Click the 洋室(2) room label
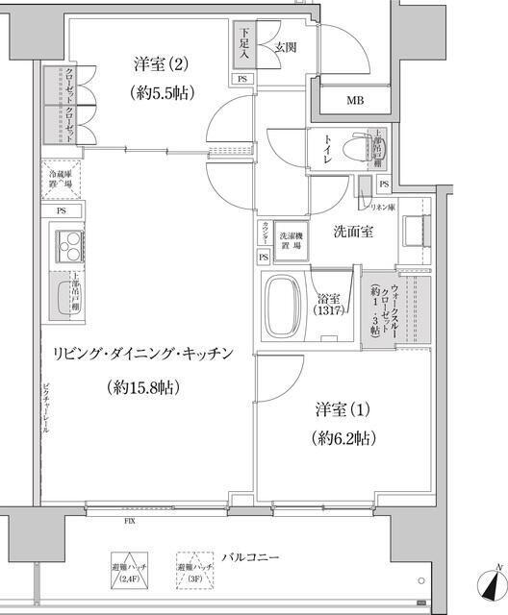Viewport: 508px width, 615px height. coord(162,64)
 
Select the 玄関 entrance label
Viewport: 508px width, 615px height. coord(285,46)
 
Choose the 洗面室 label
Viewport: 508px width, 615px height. coord(353,232)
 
